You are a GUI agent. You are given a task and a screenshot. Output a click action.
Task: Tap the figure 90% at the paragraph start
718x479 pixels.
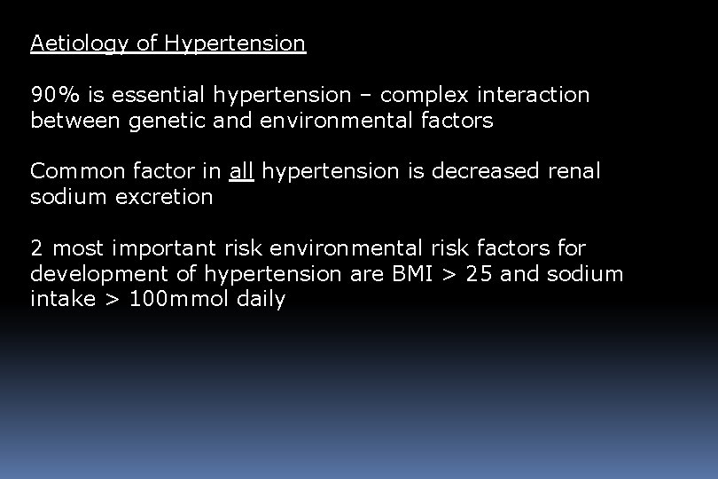coord(51,95)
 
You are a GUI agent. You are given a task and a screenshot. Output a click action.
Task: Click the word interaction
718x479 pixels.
coord(533,95)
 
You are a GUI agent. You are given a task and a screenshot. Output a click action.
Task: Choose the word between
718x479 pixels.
coord(75,121)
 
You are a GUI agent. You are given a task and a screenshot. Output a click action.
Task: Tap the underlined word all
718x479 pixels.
coord(241,171)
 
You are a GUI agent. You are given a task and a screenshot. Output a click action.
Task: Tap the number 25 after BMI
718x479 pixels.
coord(479,274)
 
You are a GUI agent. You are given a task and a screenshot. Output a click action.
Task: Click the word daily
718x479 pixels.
coord(261,300)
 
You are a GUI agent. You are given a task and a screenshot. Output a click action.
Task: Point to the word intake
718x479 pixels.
coord(62,300)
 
